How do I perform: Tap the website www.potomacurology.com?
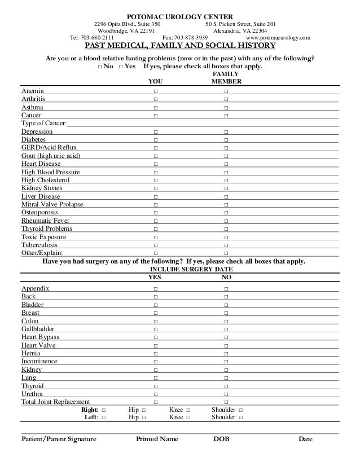278,38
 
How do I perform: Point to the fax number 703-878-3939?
188,38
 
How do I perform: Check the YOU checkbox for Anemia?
155,91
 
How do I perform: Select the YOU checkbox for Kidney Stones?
155,188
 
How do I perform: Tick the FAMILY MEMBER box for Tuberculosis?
226,245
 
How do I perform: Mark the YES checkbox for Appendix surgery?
155,289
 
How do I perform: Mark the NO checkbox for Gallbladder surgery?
226,329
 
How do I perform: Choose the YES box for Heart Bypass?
155,337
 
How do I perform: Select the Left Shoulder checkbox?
241,418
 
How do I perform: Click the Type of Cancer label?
43,123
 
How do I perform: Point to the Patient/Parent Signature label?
58,439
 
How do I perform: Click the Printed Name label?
157,439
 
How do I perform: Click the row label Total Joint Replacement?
55,402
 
